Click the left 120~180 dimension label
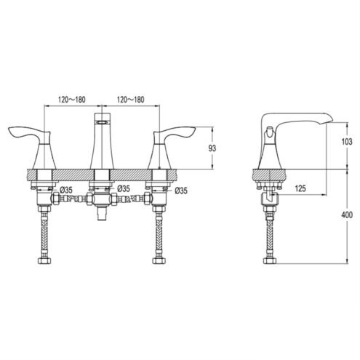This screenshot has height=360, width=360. pyautogui.click(x=72, y=100)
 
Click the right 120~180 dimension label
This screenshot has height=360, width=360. pyautogui.click(x=131, y=100)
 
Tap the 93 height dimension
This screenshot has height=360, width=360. pyautogui.click(x=212, y=148)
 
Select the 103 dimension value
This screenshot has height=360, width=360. pyautogui.click(x=347, y=142)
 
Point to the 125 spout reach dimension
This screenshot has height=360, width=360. pyautogui.click(x=300, y=188)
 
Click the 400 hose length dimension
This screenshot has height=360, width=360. pyautogui.click(x=347, y=215)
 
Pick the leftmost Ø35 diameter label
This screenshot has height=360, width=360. pyautogui.click(x=65, y=190)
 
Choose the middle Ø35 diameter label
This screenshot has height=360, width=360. pyautogui.click(x=124, y=188)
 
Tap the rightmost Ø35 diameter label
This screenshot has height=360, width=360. pyautogui.click(x=181, y=191)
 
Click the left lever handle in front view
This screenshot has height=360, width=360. pyautogui.click(x=28, y=133)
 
